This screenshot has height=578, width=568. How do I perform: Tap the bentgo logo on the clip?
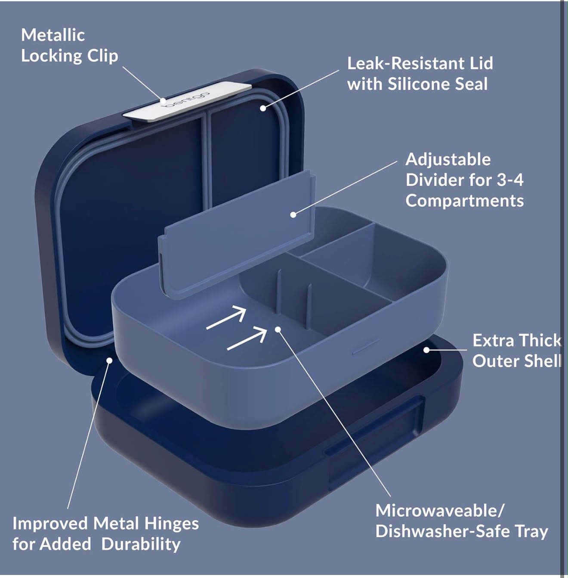(x=185, y=99)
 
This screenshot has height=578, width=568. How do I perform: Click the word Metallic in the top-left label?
(x=53, y=35)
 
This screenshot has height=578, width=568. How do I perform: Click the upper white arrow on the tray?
(x=226, y=318)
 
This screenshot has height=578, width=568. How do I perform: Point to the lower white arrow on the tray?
(x=247, y=339)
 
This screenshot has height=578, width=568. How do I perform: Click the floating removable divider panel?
(x=237, y=234)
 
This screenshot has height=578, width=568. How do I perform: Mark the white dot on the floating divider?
(x=293, y=215)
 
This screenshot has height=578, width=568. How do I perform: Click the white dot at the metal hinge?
(x=110, y=360)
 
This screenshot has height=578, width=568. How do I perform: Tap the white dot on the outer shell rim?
(x=426, y=350)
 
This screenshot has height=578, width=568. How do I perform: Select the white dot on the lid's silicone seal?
(x=263, y=108)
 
